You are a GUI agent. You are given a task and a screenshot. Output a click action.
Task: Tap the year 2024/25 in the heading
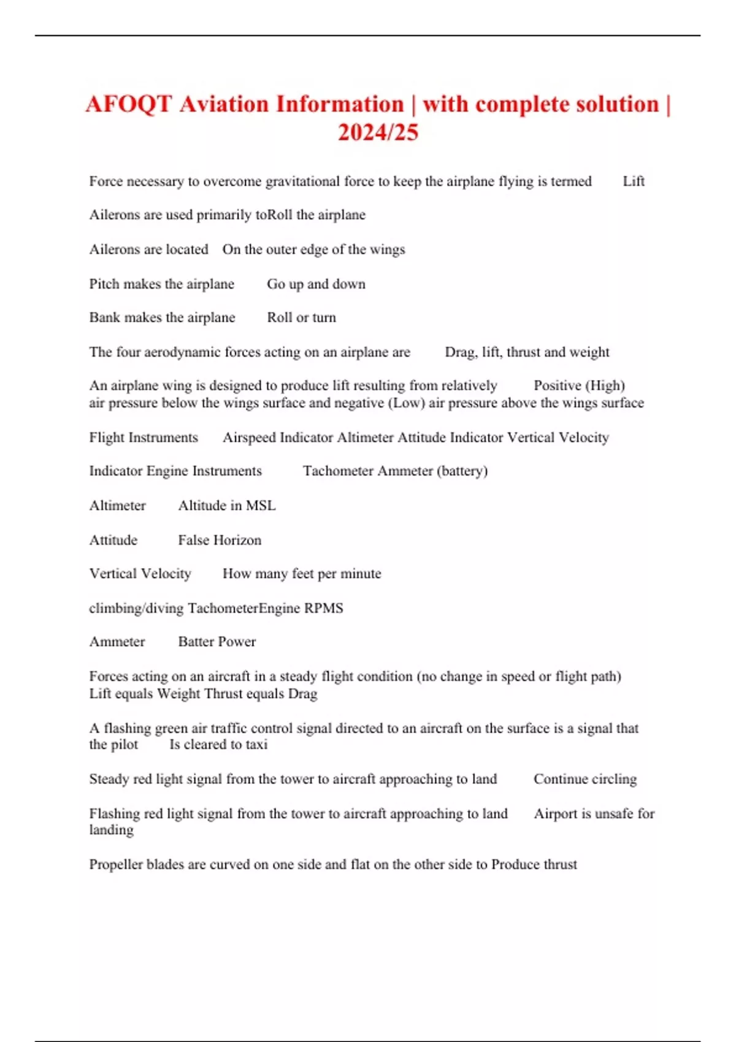[378, 132]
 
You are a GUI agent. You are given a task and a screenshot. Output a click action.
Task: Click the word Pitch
[104, 284]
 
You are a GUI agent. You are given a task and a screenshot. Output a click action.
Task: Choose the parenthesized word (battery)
[462, 471]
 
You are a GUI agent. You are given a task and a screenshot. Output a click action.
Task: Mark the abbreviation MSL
[261, 506]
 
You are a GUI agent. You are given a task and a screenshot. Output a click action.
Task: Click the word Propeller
[116, 865]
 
